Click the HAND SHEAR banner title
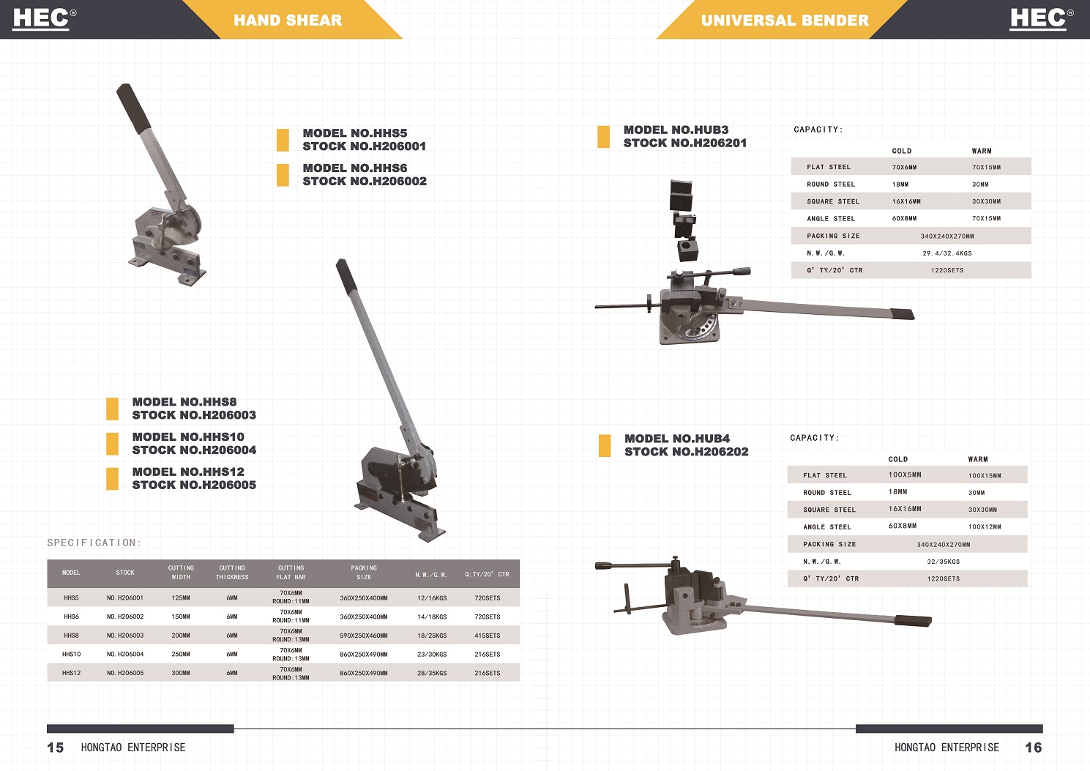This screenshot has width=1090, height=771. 288,20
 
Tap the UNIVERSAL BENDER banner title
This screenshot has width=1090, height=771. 785,20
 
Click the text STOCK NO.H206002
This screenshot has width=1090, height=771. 365,181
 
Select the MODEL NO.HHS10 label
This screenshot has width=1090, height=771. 188,436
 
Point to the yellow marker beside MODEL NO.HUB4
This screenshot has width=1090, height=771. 605,445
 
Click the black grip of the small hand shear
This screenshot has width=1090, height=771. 133,108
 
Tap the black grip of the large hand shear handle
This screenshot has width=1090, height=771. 348,277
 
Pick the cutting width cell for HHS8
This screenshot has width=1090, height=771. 181,636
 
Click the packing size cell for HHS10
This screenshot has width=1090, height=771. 364,654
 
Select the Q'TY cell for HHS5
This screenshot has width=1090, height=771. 487,597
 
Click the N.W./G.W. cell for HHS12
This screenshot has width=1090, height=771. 432,673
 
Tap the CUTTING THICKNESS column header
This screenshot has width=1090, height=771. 232,573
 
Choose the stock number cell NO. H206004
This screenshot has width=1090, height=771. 125,654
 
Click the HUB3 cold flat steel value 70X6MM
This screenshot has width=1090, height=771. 904,167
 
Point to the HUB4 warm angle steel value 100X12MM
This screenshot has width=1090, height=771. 985,526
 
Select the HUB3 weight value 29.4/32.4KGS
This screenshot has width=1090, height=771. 947,253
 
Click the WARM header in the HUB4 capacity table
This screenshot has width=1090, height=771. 977,459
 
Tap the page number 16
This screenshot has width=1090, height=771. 1034,747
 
